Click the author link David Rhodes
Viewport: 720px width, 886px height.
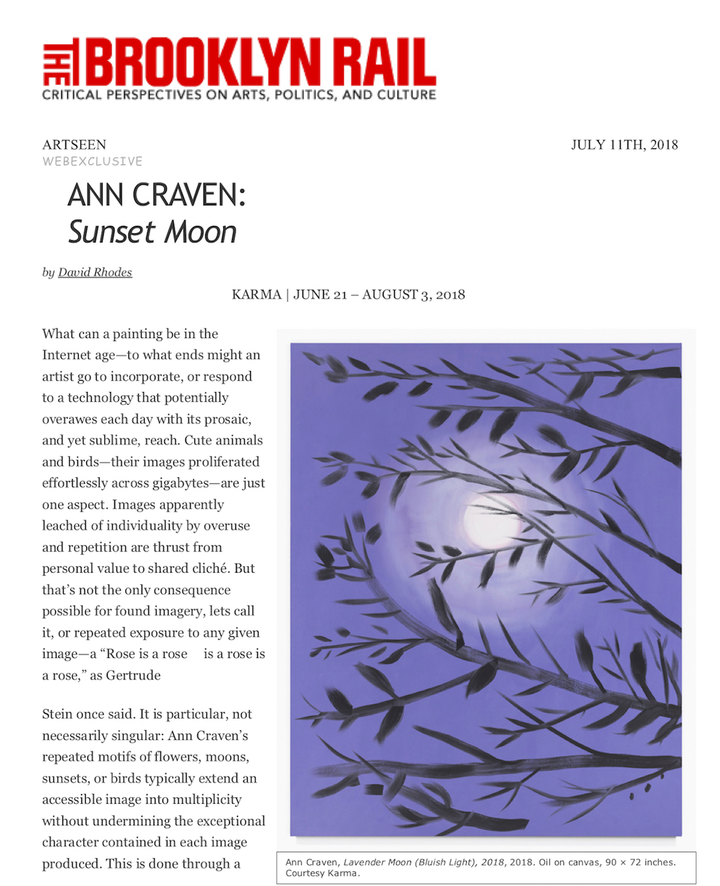pyautogui.click(x=95, y=273)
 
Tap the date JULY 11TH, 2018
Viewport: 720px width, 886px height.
pyautogui.click(x=624, y=145)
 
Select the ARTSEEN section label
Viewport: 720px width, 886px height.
pyautogui.click(x=74, y=145)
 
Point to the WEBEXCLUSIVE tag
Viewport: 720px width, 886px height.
pyautogui.click(x=92, y=161)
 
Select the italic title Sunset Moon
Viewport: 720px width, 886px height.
pyautogui.click(x=152, y=232)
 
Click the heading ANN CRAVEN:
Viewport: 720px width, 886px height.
pyautogui.click(x=157, y=195)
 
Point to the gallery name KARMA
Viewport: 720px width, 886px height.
pyautogui.click(x=256, y=295)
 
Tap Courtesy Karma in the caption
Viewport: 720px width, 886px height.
pyautogui.click(x=322, y=873)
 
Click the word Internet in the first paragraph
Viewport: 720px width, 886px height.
pyautogui.click(x=64, y=355)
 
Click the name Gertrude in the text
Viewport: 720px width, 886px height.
pyautogui.click(x=133, y=675)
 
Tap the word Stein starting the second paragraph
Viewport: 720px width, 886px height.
pyautogui.click(x=57, y=714)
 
